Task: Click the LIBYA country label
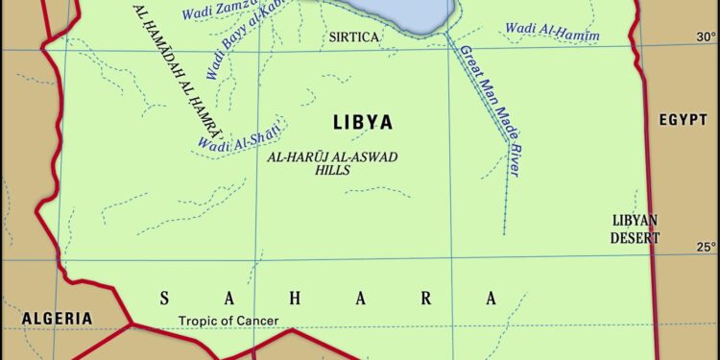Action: pyautogui.click(x=362, y=123)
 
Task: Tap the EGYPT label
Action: pyautogui.click(x=683, y=120)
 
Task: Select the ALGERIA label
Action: pyautogui.click(x=59, y=319)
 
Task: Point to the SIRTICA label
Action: pyautogui.click(x=354, y=37)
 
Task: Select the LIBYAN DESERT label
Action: pyautogui.click(x=636, y=228)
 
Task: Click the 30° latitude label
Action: pyautogui.click(x=706, y=37)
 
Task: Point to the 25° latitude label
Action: pyautogui.click(x=706, y=247)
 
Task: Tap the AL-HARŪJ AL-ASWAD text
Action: pyautogui.click(x=332, y=156)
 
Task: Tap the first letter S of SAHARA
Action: pyautogui.click(x=164, y=299)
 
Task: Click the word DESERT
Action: pyautogui.click(x=636, y=237)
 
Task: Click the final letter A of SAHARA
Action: pyautogui.click(x=492, y=299)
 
